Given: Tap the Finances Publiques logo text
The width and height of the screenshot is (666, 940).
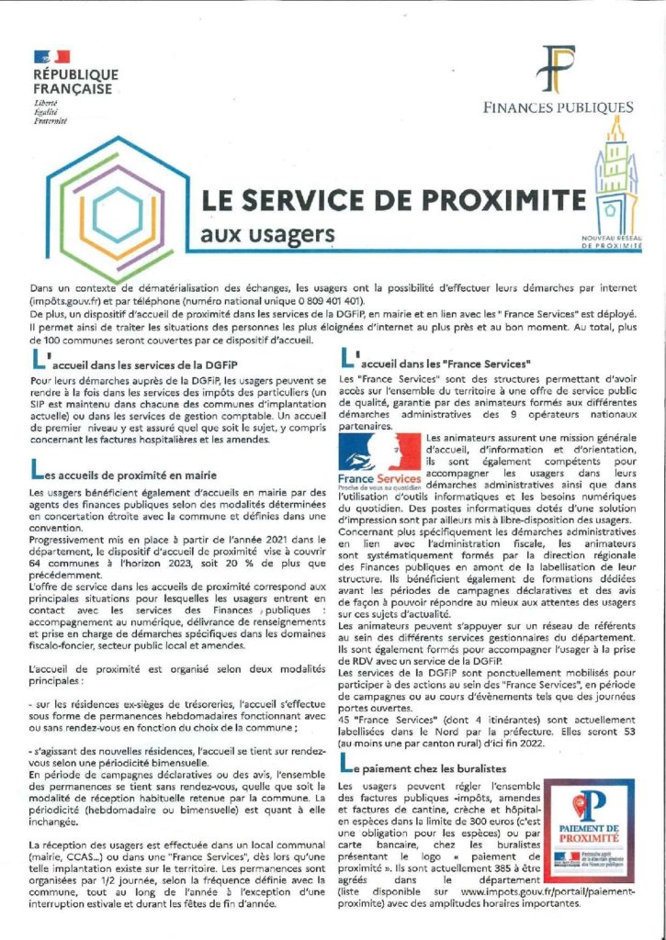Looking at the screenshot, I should coord(559,107).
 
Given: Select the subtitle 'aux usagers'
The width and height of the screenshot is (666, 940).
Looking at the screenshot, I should coord(267,235).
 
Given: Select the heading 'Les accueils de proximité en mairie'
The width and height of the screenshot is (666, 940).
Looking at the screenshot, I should coord(129,475).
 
